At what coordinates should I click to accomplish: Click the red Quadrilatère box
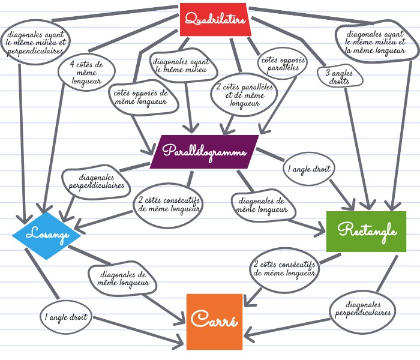[215, 20]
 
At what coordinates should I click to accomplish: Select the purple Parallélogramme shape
[205, 151]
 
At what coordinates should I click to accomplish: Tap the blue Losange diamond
[46, 235]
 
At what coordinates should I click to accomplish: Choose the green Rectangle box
[367, 230]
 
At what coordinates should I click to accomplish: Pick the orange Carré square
[214, 321]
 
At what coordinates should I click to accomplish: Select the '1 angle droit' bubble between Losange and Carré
[66, 316]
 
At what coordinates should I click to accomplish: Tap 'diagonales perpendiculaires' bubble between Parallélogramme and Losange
[97, 181]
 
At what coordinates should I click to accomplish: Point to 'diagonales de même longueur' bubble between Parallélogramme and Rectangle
[262, 206]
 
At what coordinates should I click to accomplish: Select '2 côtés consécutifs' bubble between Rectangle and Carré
[285, 268]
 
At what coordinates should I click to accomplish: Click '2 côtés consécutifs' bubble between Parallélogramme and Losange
[168, 205]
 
